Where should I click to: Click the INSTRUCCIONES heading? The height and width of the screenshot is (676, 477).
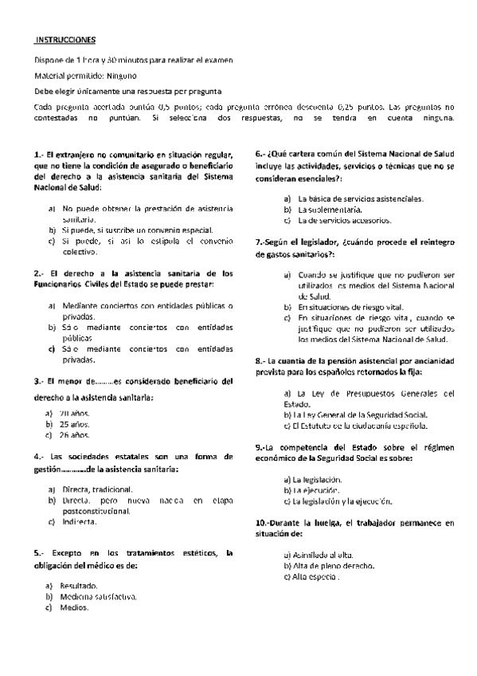[66, 39]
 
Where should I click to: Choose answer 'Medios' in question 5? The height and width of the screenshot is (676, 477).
[73, 607]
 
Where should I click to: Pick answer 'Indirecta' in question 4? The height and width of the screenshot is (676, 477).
[78, 521]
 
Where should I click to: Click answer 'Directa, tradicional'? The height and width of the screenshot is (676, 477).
[96, 489]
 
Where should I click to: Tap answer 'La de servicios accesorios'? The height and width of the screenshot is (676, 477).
[343, 220]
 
